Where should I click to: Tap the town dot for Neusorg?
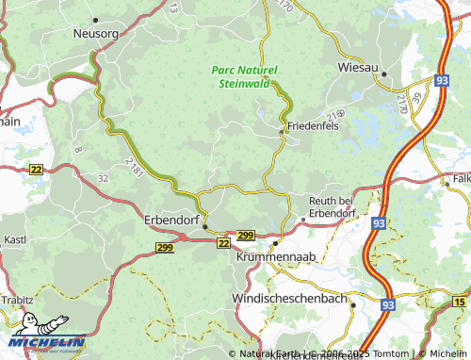pyautogui.click(x=96, y=18)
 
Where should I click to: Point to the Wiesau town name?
pyautogui.click(x=359, y=68)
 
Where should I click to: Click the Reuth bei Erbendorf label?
pyautogui.click(x=345, y=206)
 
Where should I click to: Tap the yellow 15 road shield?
pyautogui.click(x=458, y=302)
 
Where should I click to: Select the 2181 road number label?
pyautogui.click(x=135, y=168)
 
